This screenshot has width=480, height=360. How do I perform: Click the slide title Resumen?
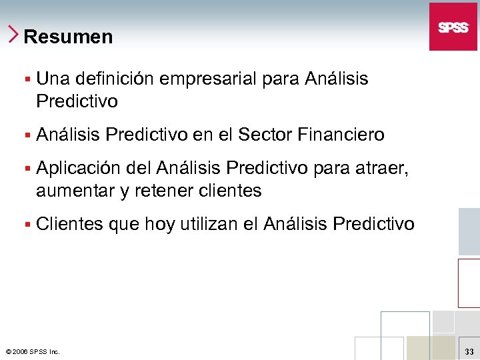tap(68, 37)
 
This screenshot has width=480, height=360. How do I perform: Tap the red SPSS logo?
tap(453, 27)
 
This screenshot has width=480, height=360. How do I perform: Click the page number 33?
tap(469, 351)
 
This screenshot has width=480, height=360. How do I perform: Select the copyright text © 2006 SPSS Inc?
tap(32, 351)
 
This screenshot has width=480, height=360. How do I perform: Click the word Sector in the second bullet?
tap(266, 135)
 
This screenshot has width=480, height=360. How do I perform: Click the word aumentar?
tap(75, 191)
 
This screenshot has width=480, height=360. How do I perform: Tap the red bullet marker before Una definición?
tap(27, 79)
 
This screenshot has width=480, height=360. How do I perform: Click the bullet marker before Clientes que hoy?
tap(27, 225)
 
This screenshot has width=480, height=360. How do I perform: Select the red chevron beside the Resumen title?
tap(14, 34)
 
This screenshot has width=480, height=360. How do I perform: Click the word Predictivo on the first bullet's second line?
tap(77, 102)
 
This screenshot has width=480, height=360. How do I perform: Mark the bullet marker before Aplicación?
tap(27, 168)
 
